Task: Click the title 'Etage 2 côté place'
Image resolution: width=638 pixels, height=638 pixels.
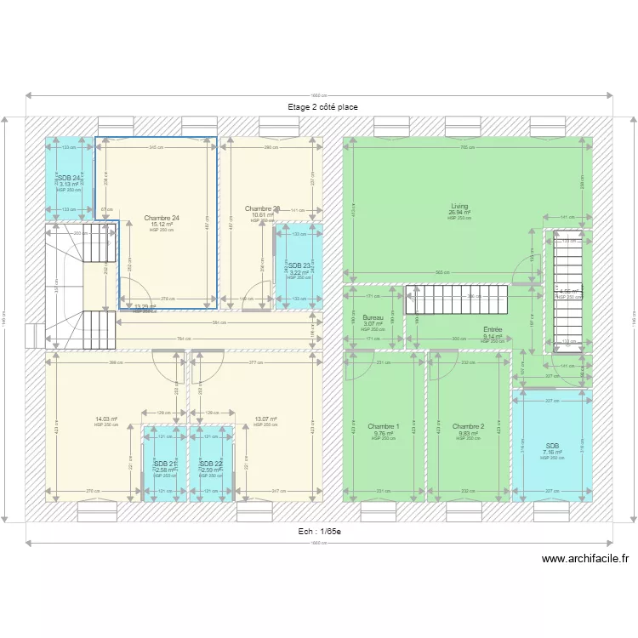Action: tap(322, 107)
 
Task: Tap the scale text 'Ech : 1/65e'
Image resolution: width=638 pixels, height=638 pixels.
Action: tap(319, 532)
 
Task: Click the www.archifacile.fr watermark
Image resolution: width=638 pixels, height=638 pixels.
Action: tap(585, 559)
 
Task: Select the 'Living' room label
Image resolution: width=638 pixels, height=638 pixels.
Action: tap(459, 206)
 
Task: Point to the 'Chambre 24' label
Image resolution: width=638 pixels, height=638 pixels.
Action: tap(162, 218)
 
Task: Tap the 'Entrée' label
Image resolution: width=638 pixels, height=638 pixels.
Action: tap(493, 329)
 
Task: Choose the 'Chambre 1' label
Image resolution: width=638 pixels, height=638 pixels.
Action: tap(384, 426)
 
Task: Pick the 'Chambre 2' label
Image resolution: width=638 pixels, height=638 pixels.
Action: tap(468, 426)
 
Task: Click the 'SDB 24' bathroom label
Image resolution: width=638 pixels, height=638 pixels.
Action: tap(70, 178)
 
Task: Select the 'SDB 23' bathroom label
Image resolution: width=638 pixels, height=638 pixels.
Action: tap(299, 265)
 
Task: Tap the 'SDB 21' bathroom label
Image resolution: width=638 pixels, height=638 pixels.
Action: tap(165, 464)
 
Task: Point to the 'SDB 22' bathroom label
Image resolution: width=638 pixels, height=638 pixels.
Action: tap(211, 464)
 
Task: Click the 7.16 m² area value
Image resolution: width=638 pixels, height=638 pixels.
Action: tap(552, 452)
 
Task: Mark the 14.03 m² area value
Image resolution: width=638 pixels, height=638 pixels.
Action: tap(106, 419)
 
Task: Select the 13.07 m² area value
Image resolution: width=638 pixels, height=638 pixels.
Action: tap(265, 419)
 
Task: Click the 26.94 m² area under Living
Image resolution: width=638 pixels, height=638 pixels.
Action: tap(459, 213)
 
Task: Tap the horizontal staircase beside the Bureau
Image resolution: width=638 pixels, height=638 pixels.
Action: tap(456, 299)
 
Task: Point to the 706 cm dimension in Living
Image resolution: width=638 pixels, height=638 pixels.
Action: tap(465, 148)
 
